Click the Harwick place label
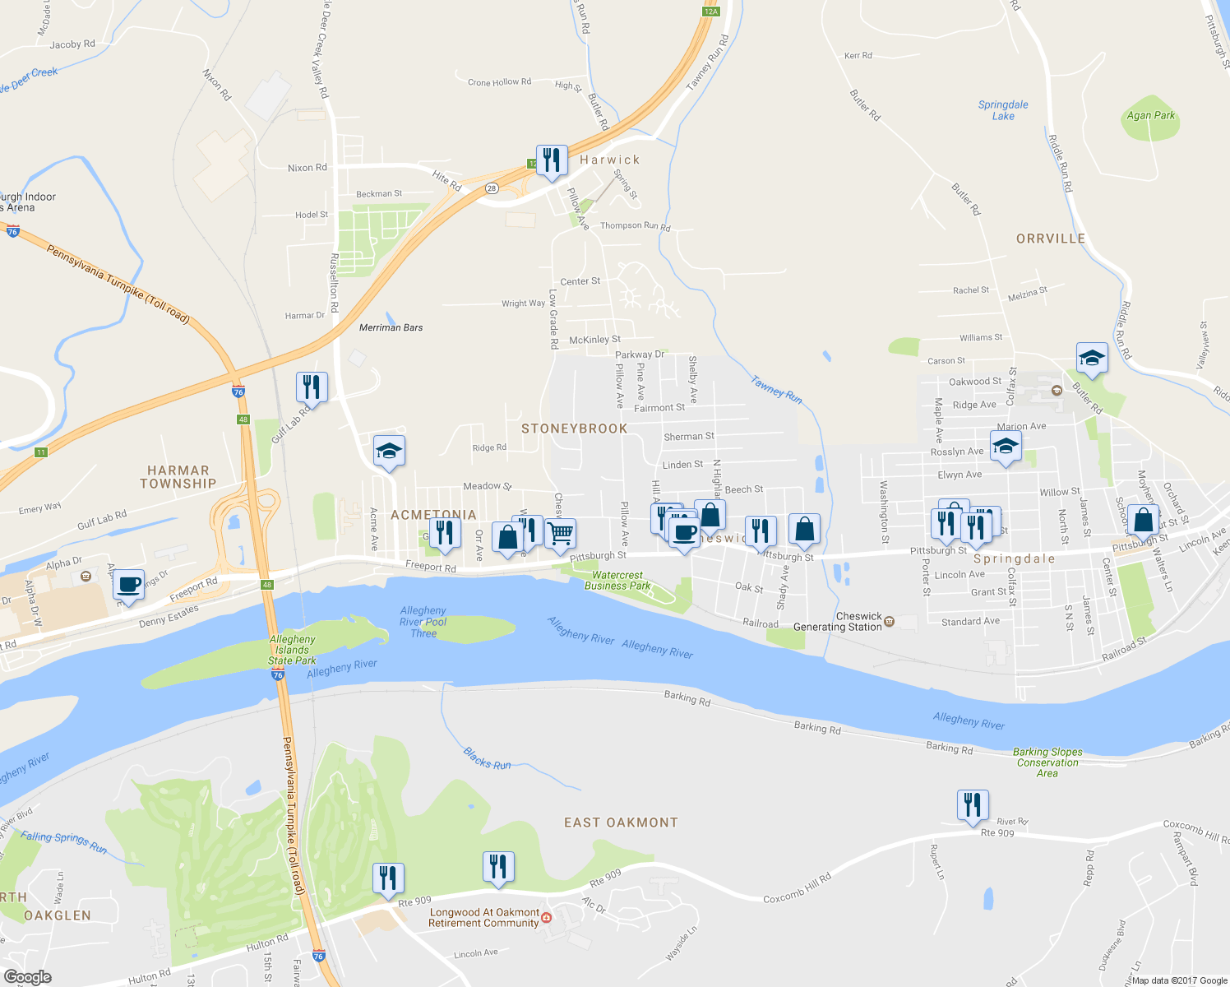[609, 160]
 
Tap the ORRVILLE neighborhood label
[1050, 239]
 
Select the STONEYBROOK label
[574, 429]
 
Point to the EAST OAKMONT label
[621, 822]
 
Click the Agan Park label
[1150, 116]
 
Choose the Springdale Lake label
[1003, 110]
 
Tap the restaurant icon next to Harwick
[552, 160]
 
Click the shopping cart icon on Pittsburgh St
[560, 533]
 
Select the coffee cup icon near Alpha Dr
[128, 584]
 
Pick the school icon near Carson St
[1092, 358]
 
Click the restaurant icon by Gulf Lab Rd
[312, 387]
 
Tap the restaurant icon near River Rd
[973, 804]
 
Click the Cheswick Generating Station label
[839, 622]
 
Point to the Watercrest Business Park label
[617, 581]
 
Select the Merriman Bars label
[391, 327]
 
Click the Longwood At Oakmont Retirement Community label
[483, 918]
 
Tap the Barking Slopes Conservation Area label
[1047, 762]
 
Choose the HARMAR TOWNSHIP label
[178, 477]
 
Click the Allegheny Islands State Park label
[292, 650]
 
